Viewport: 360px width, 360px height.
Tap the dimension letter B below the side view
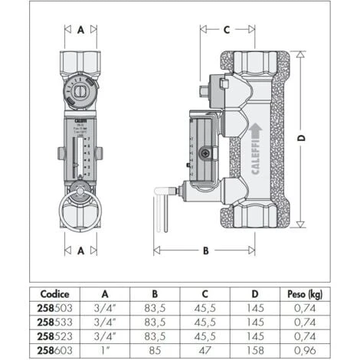(205, 250)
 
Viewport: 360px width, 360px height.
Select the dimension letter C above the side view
(227, 30)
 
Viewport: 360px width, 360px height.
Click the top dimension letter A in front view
(80, 30)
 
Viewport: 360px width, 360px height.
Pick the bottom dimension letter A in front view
(80, 250)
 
